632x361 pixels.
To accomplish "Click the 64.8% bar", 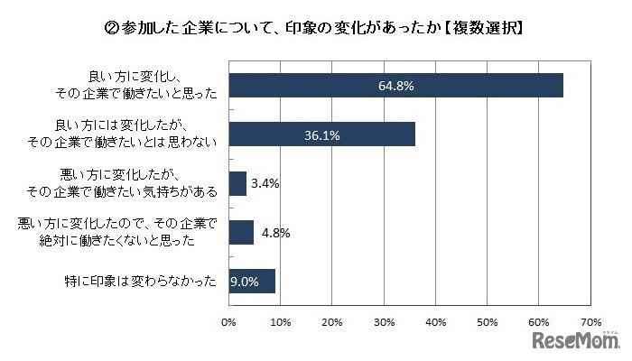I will click(x=395, y=84).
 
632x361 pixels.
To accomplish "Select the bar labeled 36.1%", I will click(x=321, y=134).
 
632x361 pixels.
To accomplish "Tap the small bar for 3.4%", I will click(x=237, y=183).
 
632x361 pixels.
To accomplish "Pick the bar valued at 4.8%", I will click(x=241, y=232).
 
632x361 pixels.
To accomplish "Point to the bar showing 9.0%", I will click(x=252, y=281).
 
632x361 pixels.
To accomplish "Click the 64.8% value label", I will click(x=395, y=85).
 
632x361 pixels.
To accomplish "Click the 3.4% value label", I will click(x=266, y=183).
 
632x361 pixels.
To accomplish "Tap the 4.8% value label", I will click(x=274, y=232).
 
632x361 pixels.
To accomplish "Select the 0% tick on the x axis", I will click(x=229, y=321).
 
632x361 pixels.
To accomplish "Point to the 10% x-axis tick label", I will click(x=281, y=321).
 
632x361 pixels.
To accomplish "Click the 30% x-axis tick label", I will click(x=384, y=321).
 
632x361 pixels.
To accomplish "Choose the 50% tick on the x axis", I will click(x=488, y=321).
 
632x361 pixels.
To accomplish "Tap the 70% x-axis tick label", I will click(x=590, y=321).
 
